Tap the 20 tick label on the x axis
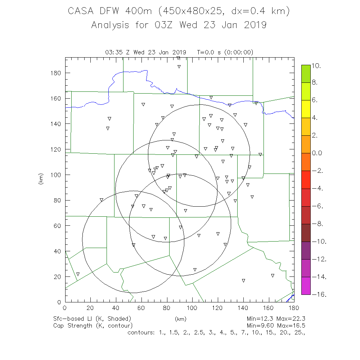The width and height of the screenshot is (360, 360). [x=90, y=308]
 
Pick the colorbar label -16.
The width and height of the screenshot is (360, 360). [x=319, y=294]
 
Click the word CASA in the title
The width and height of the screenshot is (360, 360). [x=81, y=11]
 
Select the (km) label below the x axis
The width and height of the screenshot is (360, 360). [x=180, y=319]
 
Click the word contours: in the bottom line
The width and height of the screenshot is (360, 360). [x=141, y=332]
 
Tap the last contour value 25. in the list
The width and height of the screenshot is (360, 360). [x=300, y=332]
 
